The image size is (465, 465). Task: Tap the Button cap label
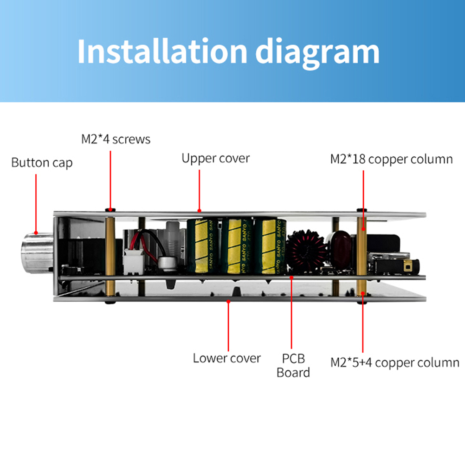click(42, 163)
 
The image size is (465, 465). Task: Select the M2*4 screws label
click(116, 139)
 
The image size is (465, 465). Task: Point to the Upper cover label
click(215, 158)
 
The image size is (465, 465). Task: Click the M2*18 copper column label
click(391, 159)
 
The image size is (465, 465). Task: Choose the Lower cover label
click(227, 358)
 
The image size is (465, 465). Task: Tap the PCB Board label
click(293, 365)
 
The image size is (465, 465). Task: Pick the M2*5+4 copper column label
click(394, 362)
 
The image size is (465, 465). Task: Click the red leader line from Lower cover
click(228, 325)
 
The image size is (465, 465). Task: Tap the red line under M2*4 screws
click(110, 179)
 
